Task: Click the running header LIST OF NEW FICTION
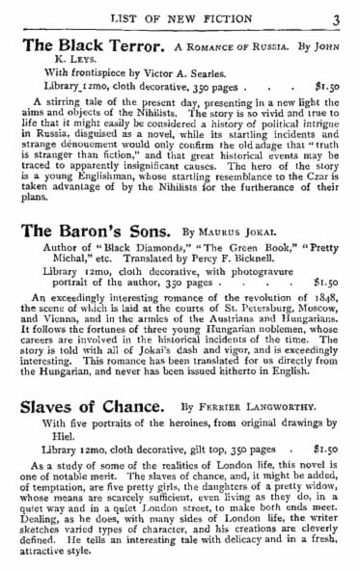click(x=184, y=16)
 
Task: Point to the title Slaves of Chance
click(x=88, y=409)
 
